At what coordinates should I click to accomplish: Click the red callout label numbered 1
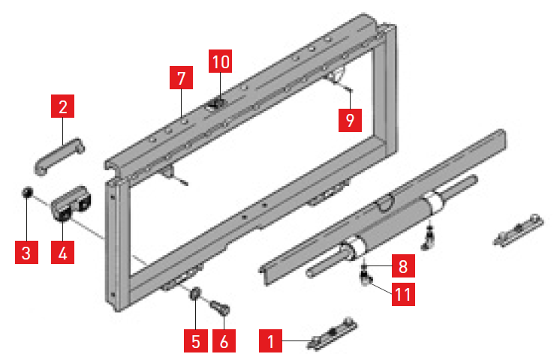(x=270, y=340)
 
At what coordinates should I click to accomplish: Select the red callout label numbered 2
(x=62, y=106)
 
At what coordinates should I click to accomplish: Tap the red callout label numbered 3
(x=26, y=252)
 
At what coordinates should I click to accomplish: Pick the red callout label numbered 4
(x=62, y=252)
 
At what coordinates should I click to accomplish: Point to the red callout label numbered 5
(x=195, y=340)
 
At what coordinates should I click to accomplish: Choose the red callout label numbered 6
(x=224, y=340)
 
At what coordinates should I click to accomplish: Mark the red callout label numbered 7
(x=181, y=78)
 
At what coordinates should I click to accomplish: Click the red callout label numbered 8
(x=403, y=265)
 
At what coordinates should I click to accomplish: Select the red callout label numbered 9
(x=350, y=120)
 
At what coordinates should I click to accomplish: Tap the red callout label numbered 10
(x=220, y=61)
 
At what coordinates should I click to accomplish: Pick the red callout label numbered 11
(x=403, y=294)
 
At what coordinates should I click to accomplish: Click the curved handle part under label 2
(x=59, y=156)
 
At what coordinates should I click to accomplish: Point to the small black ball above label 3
(x=27, y=192)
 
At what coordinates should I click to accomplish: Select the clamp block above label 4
(x=71, y=204)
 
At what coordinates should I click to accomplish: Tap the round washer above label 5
(x=195, y=294)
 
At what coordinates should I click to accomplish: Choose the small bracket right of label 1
(x=332, y=333)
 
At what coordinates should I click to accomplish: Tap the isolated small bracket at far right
(x=518, y=229)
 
